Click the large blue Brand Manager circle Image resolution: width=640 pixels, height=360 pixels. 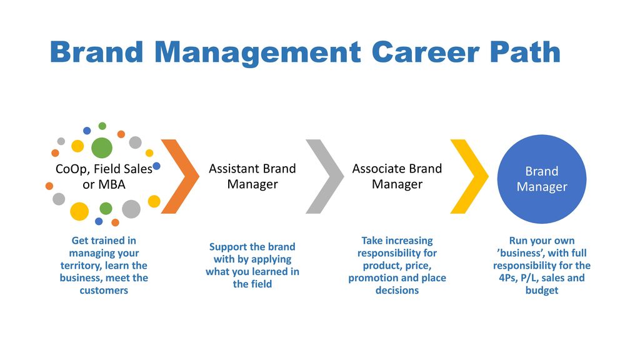pyautogui.click(x=542, y=179)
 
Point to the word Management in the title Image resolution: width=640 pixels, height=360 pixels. pyautogui.click(x=257, y=53)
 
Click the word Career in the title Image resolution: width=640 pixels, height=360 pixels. pyautogui.click(x=425, y=52)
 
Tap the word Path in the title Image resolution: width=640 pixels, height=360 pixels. pyautogui.click(x=525, y=52)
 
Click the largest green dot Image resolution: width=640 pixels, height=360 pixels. pyautogui.click(x=102, y=147)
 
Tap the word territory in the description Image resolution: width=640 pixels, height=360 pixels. pyautogui.click(x=80, y=266)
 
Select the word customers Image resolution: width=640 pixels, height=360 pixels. pyautogui.click(x=104, y=290)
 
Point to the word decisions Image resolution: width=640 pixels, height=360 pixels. pyautogui.click(x=397, y=290)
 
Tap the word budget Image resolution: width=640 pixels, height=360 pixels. pyautogui.click(x=542, y=291)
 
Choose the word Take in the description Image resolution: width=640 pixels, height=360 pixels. pyautogui.click(x=371, y=241)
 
